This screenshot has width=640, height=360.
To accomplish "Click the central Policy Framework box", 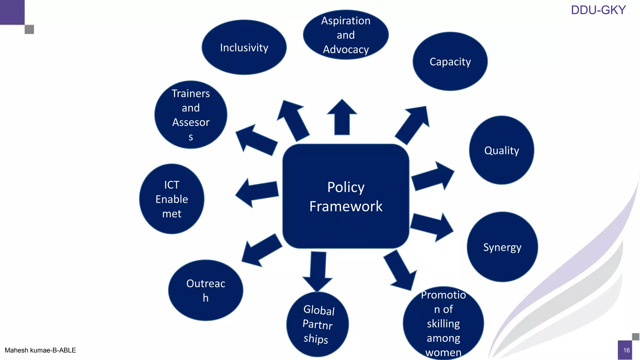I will pos(346,196).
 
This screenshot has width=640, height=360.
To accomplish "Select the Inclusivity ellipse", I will pos(244,47).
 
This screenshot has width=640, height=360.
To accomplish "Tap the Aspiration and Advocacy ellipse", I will pos(346,35).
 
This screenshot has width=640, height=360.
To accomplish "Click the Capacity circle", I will pos(450,62).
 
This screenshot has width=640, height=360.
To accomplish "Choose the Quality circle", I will pos(501,150).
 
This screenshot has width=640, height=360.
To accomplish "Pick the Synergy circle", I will pos(502,247).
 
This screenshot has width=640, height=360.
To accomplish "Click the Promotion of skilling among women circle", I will pos(443,323).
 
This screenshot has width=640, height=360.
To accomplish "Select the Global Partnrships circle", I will pos(317,324).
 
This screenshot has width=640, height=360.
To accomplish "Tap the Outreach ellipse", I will pos(206,290).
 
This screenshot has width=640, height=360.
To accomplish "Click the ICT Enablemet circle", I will pos(172,199).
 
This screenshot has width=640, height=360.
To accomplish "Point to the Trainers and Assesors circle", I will pos(191,115).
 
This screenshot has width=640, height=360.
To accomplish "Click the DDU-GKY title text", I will pos(598,10).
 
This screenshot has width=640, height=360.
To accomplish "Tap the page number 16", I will pos(626,350).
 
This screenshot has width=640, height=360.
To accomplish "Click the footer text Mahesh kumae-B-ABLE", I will pos(40,350).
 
